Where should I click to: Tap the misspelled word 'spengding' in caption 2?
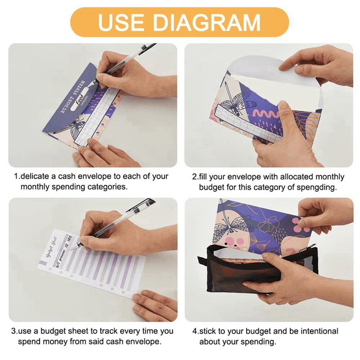tap(319, 187)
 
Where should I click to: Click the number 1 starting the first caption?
tap(16, 176)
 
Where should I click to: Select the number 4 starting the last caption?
tap(195, 331)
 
